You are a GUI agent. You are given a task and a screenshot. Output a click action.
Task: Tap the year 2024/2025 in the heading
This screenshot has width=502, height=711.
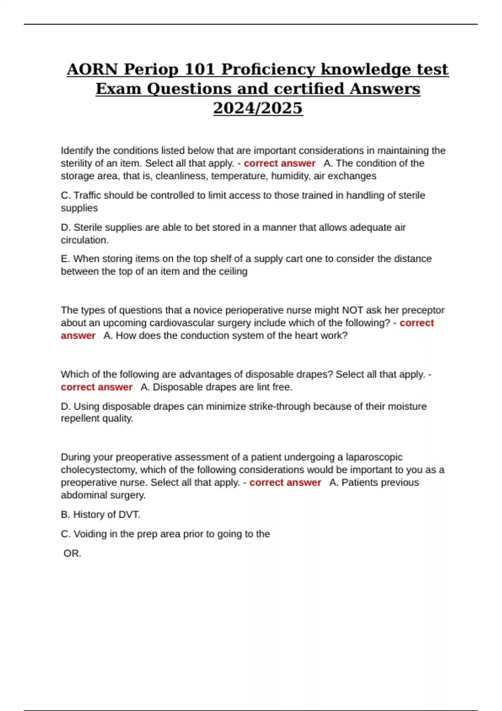coord(258,108)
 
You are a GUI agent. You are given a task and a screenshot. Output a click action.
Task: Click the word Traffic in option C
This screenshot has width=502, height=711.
coord(88,195)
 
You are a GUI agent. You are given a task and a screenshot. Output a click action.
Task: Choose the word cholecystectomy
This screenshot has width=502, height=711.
coord(98,470)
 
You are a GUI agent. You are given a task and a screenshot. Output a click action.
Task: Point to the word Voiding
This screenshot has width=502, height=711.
coord(90,534)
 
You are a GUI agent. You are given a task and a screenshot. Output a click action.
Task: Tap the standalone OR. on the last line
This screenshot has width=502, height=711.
coord(72,553)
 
